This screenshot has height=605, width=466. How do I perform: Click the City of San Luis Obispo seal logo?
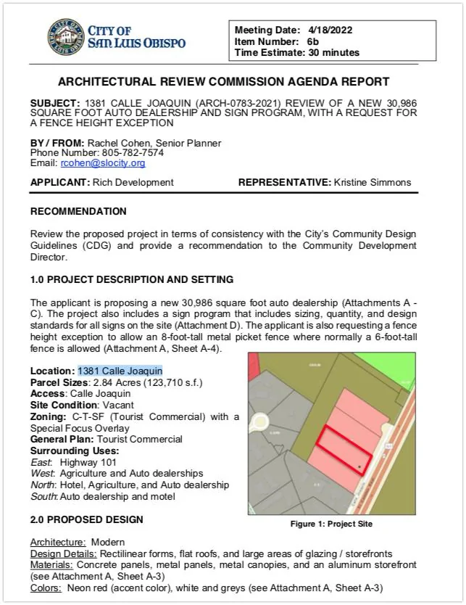pyautogui.click(x=66, y=38)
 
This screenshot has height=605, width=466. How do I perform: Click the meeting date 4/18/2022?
pyautogui.click(x=328, y=30)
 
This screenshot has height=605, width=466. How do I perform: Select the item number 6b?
pyautogui.click(x=314, y=41)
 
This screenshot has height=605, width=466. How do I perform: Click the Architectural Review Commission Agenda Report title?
pyautogui.click(x=223, y=82)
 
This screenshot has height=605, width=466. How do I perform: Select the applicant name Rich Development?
pyautogui.click(x=133, y=183)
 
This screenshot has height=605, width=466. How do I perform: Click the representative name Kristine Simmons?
pyautogui.click(x=373, y=183)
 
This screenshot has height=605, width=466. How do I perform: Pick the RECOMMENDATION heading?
pyautogui.click(x=78, y=212)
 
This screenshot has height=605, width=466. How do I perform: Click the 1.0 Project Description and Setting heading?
pyautogui.click(x=132, y=279)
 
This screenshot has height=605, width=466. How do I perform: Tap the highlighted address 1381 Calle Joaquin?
pyautogui.click(x=120, y=371)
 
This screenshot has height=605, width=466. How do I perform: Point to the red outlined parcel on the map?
pyautogui.click(x=345, y=450)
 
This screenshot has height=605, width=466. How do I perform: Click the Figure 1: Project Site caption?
pyautogui.click(x=331, y=523)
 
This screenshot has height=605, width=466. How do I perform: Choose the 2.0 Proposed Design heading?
pyautogui.click(x=87, y=520)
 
